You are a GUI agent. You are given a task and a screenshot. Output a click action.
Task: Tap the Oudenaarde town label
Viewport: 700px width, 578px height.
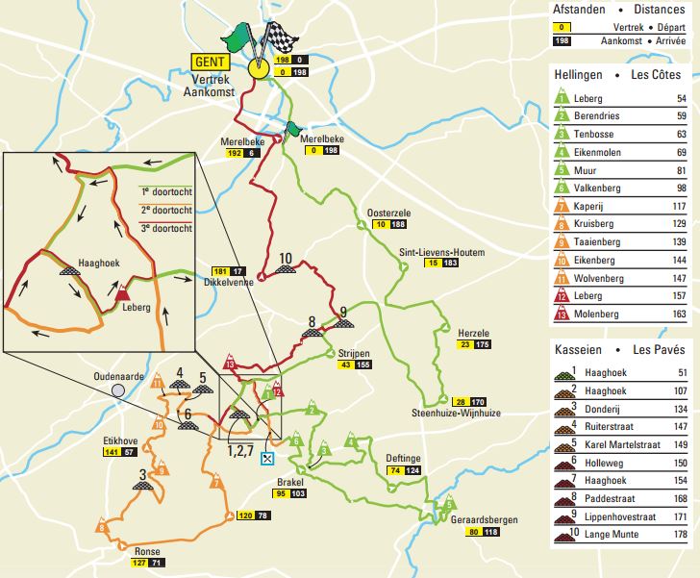point(119,377)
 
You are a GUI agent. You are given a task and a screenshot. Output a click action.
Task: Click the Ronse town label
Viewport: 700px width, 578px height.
point(134,551)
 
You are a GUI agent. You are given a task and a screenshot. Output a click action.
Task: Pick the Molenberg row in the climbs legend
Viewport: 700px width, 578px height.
point(599,314)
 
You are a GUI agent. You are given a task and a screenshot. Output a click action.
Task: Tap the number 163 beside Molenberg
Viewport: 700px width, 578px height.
point(680,314)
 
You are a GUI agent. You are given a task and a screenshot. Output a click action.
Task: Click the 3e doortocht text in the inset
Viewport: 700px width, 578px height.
point(166,227)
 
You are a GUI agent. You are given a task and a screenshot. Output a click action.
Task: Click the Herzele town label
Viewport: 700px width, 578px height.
point(449,332)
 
